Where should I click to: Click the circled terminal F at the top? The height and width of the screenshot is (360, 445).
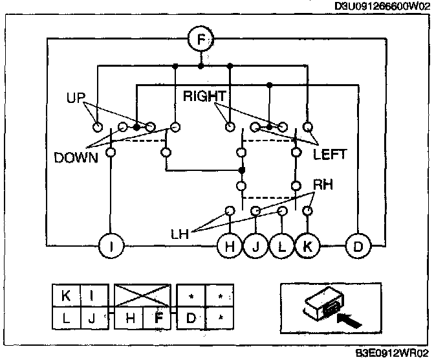pos(201,40)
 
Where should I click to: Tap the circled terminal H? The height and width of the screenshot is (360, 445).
pos(229,245)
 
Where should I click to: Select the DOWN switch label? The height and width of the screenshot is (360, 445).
pos(76,157)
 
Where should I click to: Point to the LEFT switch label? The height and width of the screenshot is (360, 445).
pos(330,155)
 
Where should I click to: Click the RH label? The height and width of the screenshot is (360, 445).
pos(323,185)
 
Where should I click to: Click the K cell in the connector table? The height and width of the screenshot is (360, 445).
pos(65,296)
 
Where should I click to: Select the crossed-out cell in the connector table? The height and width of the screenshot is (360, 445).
pos(144,296)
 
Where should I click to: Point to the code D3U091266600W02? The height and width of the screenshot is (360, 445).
pos(382,6)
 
